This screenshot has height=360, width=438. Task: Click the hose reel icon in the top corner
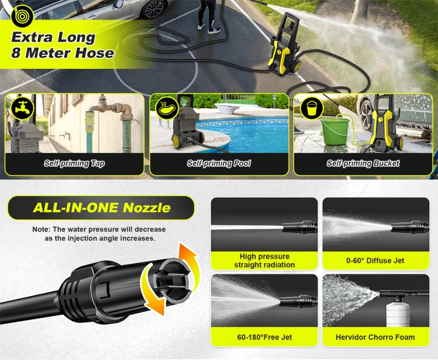click(22, 16)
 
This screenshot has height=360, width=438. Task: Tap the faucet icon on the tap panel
click(22, 108)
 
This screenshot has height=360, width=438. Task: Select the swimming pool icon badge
click(167, 108)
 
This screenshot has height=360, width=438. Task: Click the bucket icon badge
click(311, 108)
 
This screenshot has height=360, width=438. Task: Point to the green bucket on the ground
click(335, 131)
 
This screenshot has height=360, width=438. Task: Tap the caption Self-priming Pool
click(219, 163)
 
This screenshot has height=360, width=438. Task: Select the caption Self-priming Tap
click(74, 163)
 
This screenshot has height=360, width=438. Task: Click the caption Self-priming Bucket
click(363, 163)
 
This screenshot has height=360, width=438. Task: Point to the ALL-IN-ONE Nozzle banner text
click(102, 208)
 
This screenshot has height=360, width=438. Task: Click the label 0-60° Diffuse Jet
click(375, 261)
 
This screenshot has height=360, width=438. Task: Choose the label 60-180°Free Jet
click(265, 337)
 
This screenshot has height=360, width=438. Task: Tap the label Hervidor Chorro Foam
click(375, 337)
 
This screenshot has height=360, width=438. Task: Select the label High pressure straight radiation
click(265, 261)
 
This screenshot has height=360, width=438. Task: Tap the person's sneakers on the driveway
click(209, 28)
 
